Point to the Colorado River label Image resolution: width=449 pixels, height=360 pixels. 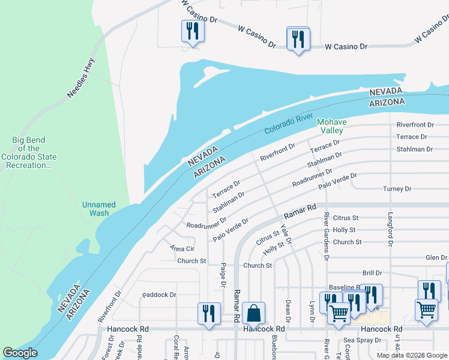[x=288, y=124]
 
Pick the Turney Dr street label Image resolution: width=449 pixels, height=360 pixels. [x=397, y=189]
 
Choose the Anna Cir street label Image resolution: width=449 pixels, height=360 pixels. [x=182, y=248]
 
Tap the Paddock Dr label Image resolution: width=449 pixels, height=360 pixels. [x=159, y=295]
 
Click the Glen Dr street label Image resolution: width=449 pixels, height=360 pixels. [x=436, y=257]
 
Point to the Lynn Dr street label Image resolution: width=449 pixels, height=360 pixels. [x=312, y=311]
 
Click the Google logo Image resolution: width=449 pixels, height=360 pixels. [x=20, y=353]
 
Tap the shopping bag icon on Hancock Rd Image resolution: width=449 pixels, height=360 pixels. [x=255, y=313]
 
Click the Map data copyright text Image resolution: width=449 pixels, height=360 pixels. [x=411, y=355]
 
